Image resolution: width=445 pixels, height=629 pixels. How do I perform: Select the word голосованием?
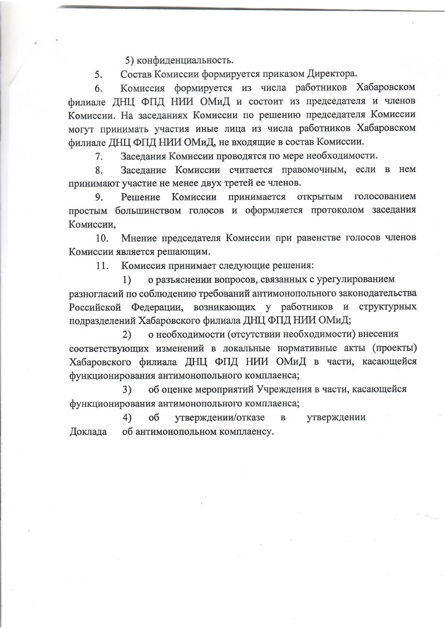click(x=382, y=198)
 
